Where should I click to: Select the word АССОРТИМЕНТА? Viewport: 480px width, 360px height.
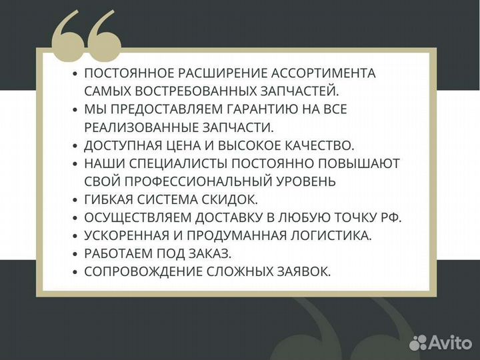tap(330, 73)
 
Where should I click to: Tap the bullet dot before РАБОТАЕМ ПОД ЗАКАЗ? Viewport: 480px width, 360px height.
tap(76, 254)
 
